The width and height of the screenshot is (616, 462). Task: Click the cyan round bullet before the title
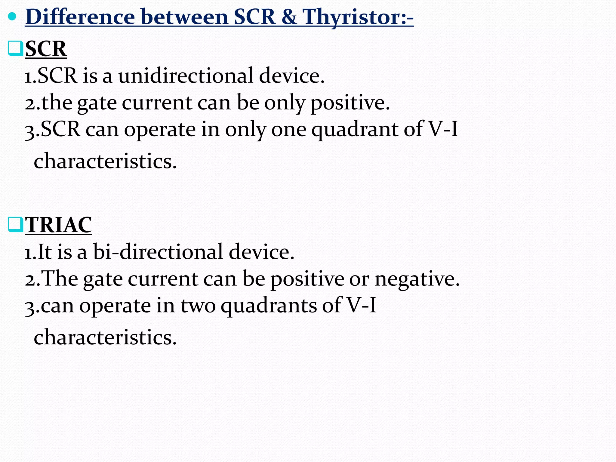click(x=12, y=17)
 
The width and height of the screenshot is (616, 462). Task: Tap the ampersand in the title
click(x=288, y=17)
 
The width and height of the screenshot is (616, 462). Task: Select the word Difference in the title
click(x=80, y=17)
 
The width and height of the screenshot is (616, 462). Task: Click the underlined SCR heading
click(x=46, y=49)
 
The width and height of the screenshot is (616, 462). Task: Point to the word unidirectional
click(x=186, y=75)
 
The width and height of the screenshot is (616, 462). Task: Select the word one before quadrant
click(x=288, y=130)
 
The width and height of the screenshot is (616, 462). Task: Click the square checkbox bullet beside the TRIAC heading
click(x=15, y=225)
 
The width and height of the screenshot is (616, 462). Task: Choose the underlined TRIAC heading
click(x=58, y=225)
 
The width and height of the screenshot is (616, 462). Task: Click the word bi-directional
click(x=158, y=252)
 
